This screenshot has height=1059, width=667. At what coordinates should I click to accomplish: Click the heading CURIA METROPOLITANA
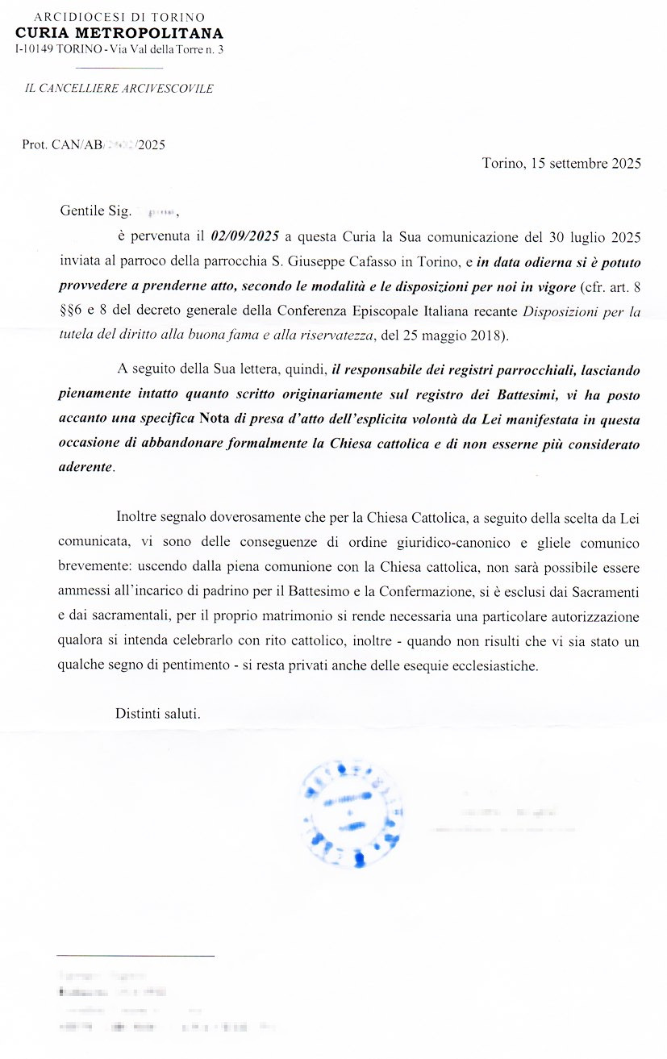(x=119, y=34)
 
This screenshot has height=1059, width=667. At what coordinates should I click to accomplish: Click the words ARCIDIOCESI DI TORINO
(x=119, y=17)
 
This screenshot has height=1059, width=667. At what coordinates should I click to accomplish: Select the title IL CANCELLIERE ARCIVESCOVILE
(x=119, y=89)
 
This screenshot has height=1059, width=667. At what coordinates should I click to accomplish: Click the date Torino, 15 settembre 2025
(x=561, y=163)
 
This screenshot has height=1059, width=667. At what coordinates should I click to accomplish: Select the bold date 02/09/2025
(x=245, y=236)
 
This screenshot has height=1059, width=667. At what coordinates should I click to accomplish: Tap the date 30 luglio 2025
(x=591, y=236)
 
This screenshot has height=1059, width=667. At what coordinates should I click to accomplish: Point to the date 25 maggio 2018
(x=454, y=335)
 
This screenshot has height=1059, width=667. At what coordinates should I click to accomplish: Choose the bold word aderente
(x=86, y=467)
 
